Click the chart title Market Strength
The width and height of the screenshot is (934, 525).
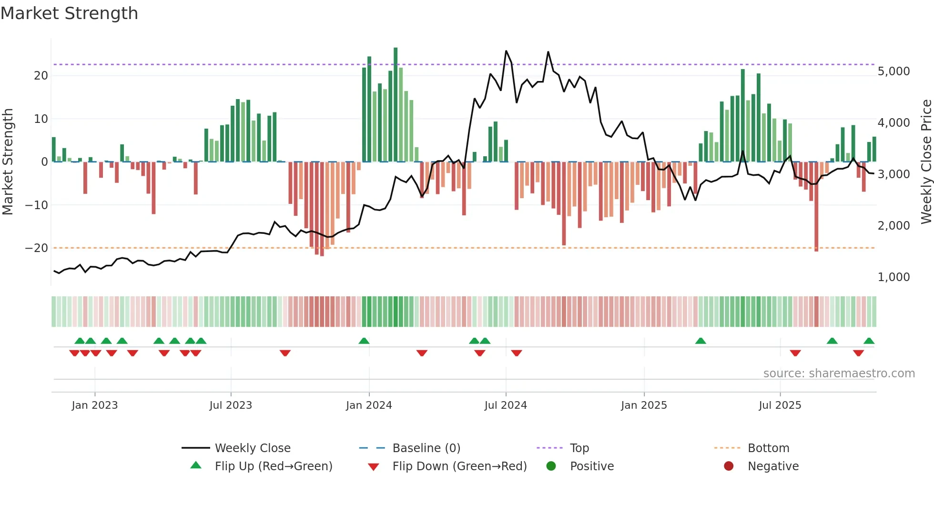(69, 13)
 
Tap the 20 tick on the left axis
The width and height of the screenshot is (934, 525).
(41, 76)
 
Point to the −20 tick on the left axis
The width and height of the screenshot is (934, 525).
(37, 248)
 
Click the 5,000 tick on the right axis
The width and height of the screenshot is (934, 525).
(893, 71)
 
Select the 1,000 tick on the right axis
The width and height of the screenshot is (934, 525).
(893, 277)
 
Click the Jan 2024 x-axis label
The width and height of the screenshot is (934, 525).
(369, 405)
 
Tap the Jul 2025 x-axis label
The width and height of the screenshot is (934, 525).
(780, 405)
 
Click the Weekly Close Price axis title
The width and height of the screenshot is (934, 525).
(926, 162)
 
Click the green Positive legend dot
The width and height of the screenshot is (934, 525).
(551, 466)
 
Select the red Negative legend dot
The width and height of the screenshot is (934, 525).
(729, 466)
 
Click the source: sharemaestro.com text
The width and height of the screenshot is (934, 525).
(839, 374)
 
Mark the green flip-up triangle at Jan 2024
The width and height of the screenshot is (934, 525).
(364, 341)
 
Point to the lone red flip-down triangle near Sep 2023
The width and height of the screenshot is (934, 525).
(285, 353)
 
